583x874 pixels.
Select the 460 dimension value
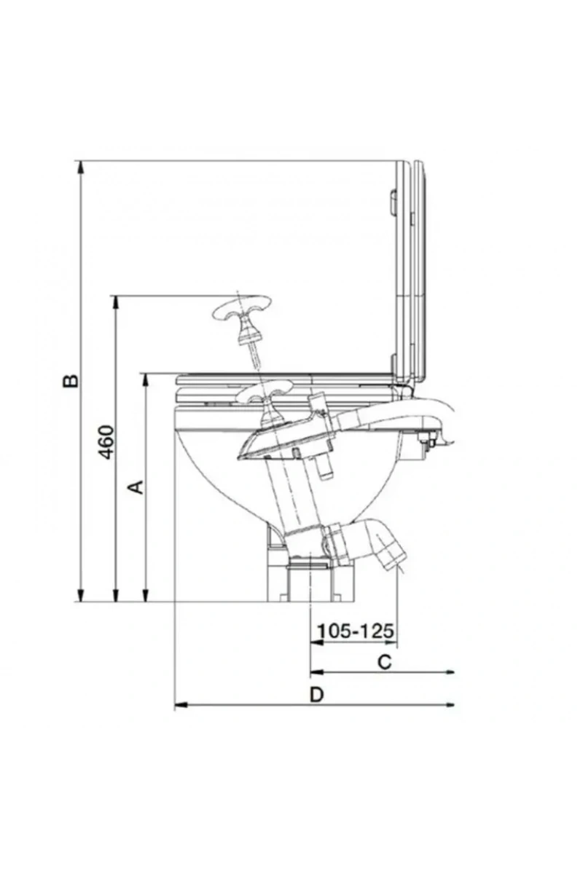coord(106,442)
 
